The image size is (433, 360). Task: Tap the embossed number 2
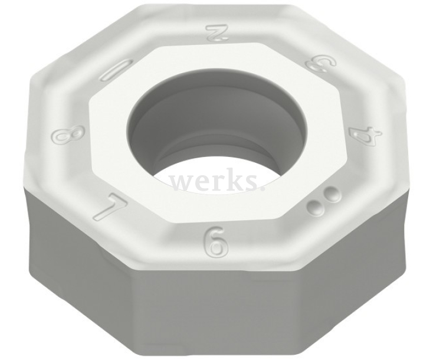tap(217, 34)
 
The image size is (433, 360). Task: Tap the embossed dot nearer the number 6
tap(319, 205)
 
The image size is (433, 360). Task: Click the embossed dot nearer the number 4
tap(334, 192)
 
